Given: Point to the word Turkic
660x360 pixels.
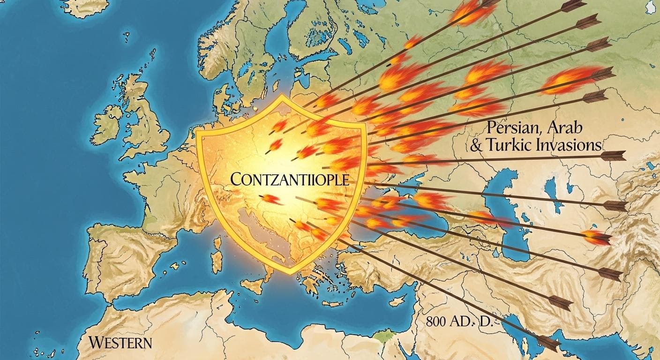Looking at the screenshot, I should click(x=509, y=145).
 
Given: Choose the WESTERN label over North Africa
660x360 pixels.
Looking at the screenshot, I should click(x=121, y=342).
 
